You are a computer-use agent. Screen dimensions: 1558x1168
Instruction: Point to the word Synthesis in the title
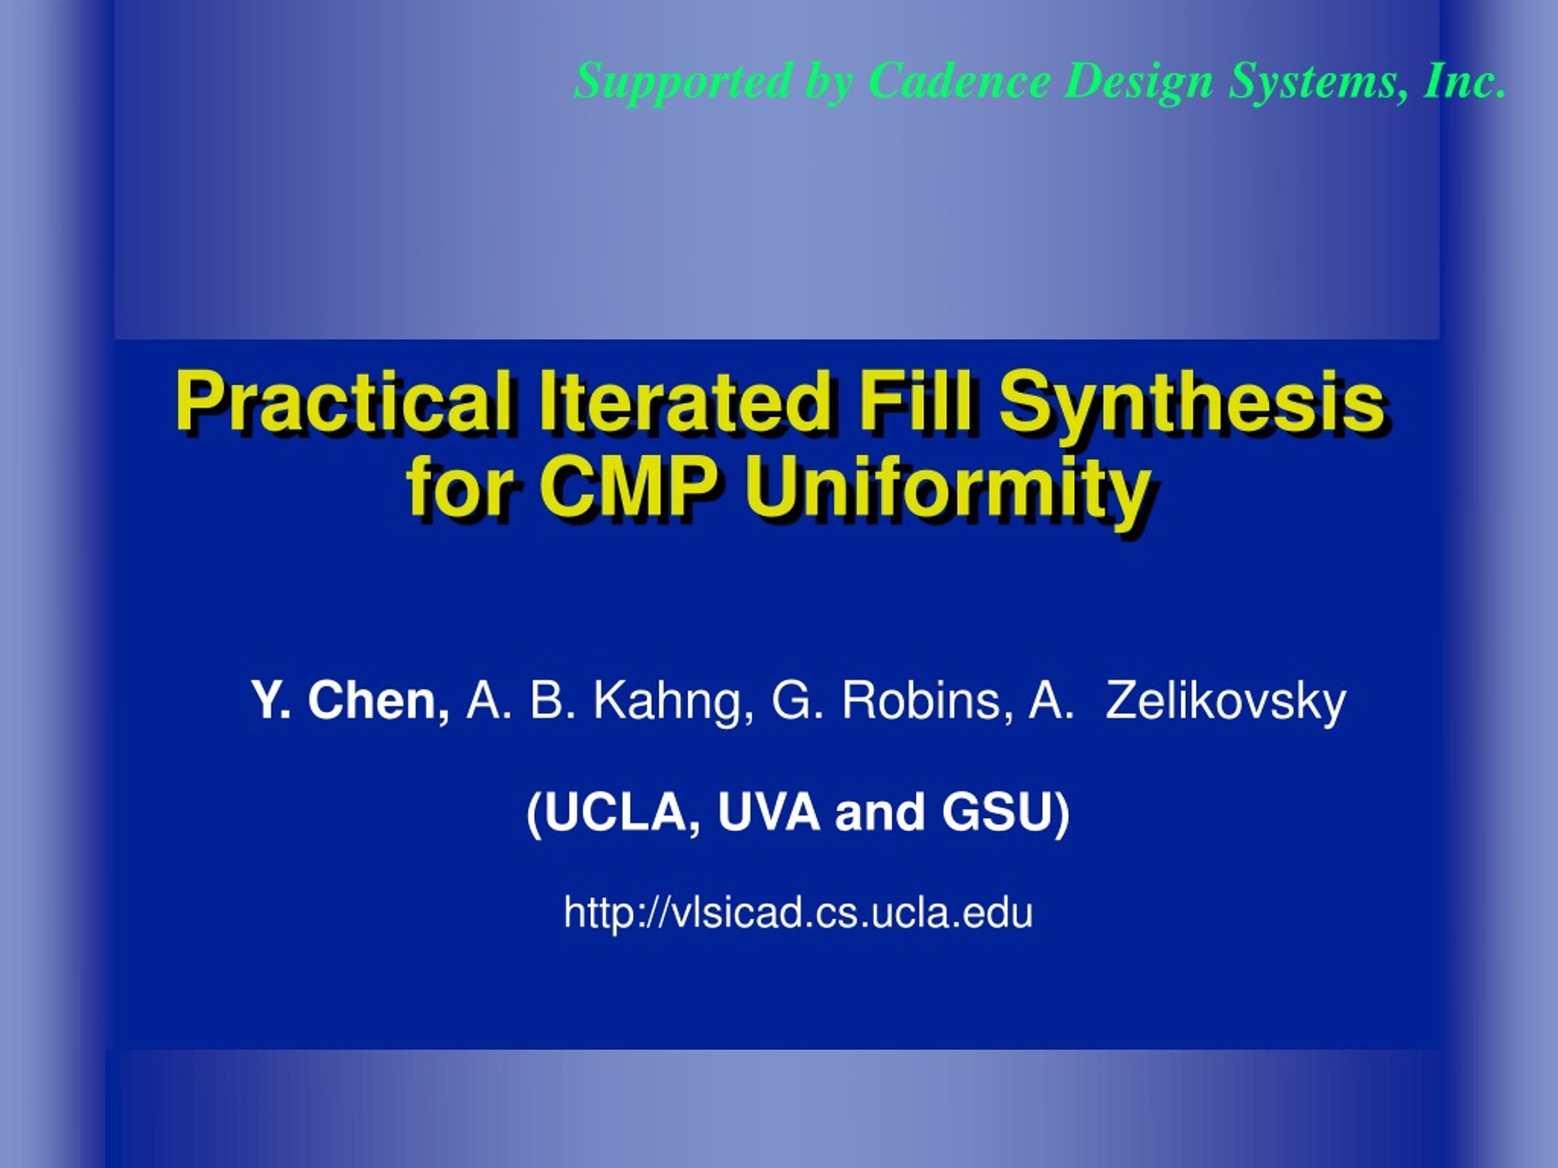pos(1191,407)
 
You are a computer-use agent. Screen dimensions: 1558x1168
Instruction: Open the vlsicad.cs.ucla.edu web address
pos(798,912)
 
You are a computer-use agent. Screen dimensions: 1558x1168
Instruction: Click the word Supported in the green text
pos(682,82)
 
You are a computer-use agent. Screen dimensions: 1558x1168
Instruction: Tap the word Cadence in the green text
pos(959,80)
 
